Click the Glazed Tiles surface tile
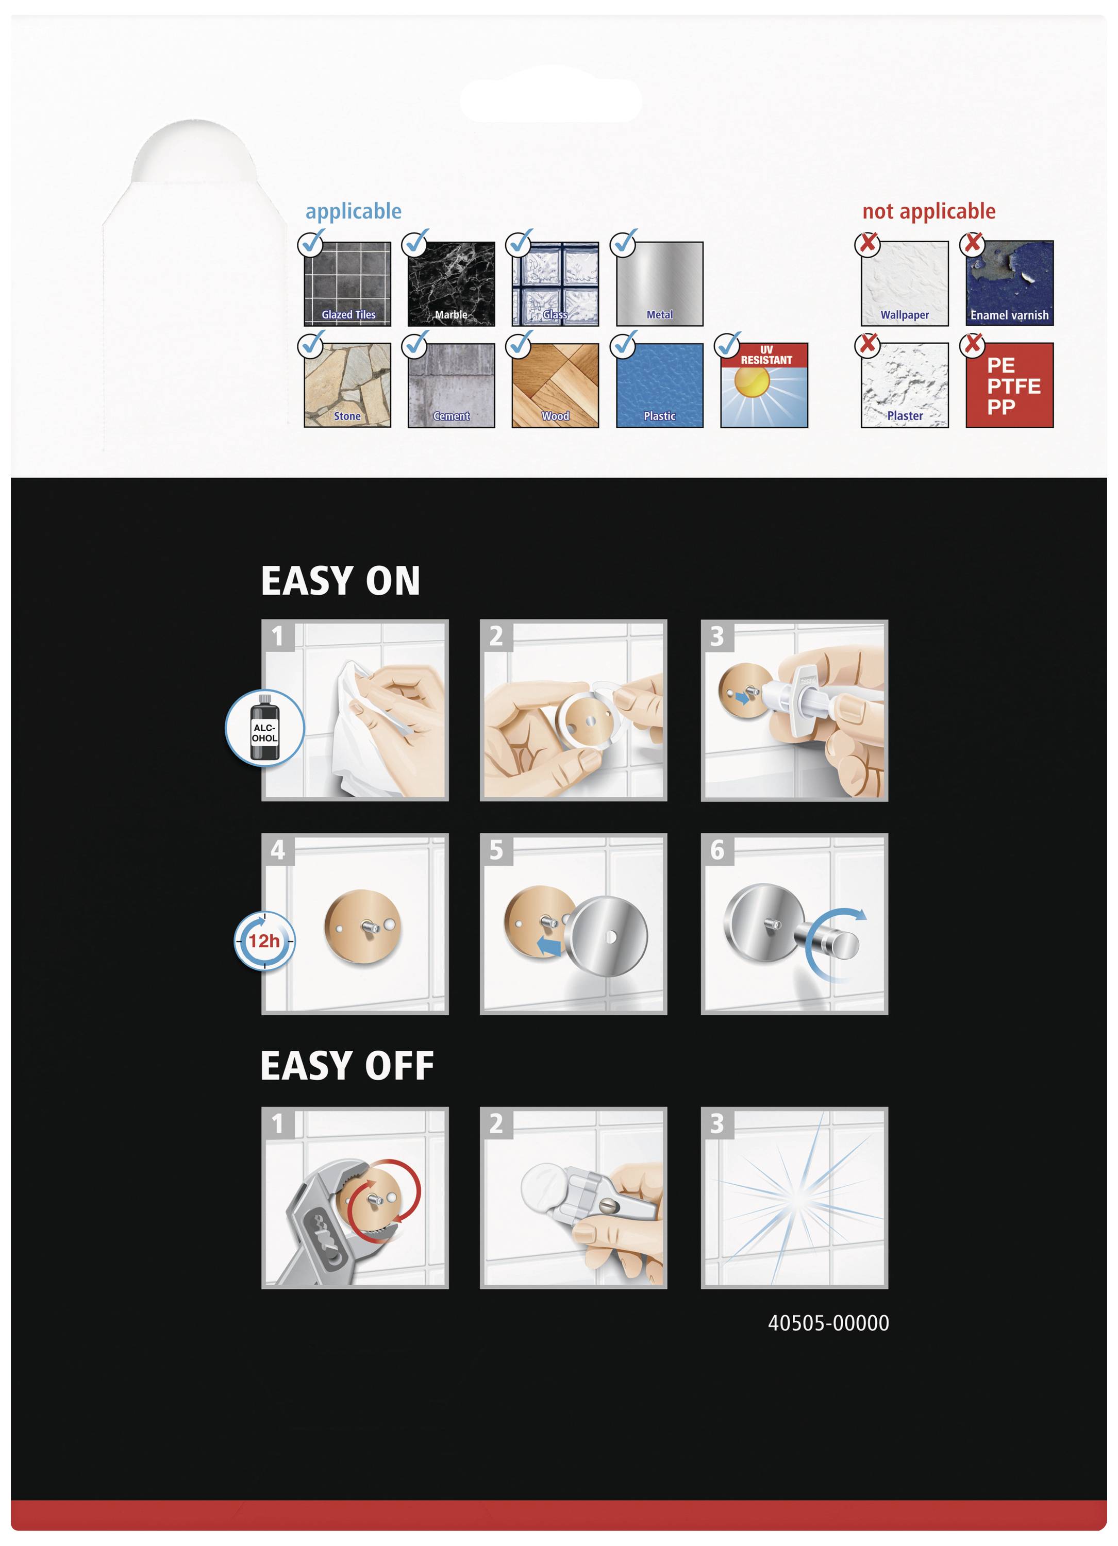tap(347, 283)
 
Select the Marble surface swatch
tap(452, 283)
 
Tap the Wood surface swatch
tap(556, 385)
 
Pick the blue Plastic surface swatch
tap(660, 385)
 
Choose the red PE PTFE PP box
tap(1010, 385)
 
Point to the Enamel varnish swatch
tap(1010, 283)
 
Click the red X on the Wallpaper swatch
tap(868, 243)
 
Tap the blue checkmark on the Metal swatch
tap(623, 243)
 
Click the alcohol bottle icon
tap(264, 728)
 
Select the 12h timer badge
tap(264, 940)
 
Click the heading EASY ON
tap(341, 581)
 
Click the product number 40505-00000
tap(828, 1323)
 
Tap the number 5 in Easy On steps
tap(496, 850)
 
